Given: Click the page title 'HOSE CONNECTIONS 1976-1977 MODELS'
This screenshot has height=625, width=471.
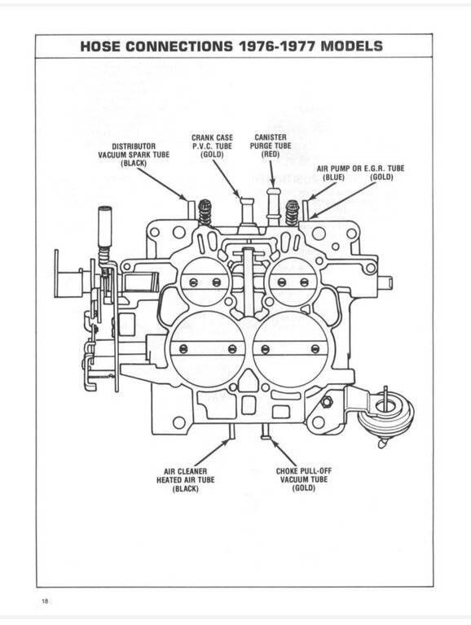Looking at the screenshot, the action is click(231, 46).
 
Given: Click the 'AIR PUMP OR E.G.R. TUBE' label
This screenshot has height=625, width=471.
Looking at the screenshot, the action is click(360, 168).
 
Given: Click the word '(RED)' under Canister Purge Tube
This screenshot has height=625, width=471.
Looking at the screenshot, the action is click(271, 154).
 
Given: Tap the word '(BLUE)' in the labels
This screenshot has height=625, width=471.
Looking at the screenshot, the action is click(333, 177).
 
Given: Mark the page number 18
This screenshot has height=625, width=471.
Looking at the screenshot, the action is click(44, 601).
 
